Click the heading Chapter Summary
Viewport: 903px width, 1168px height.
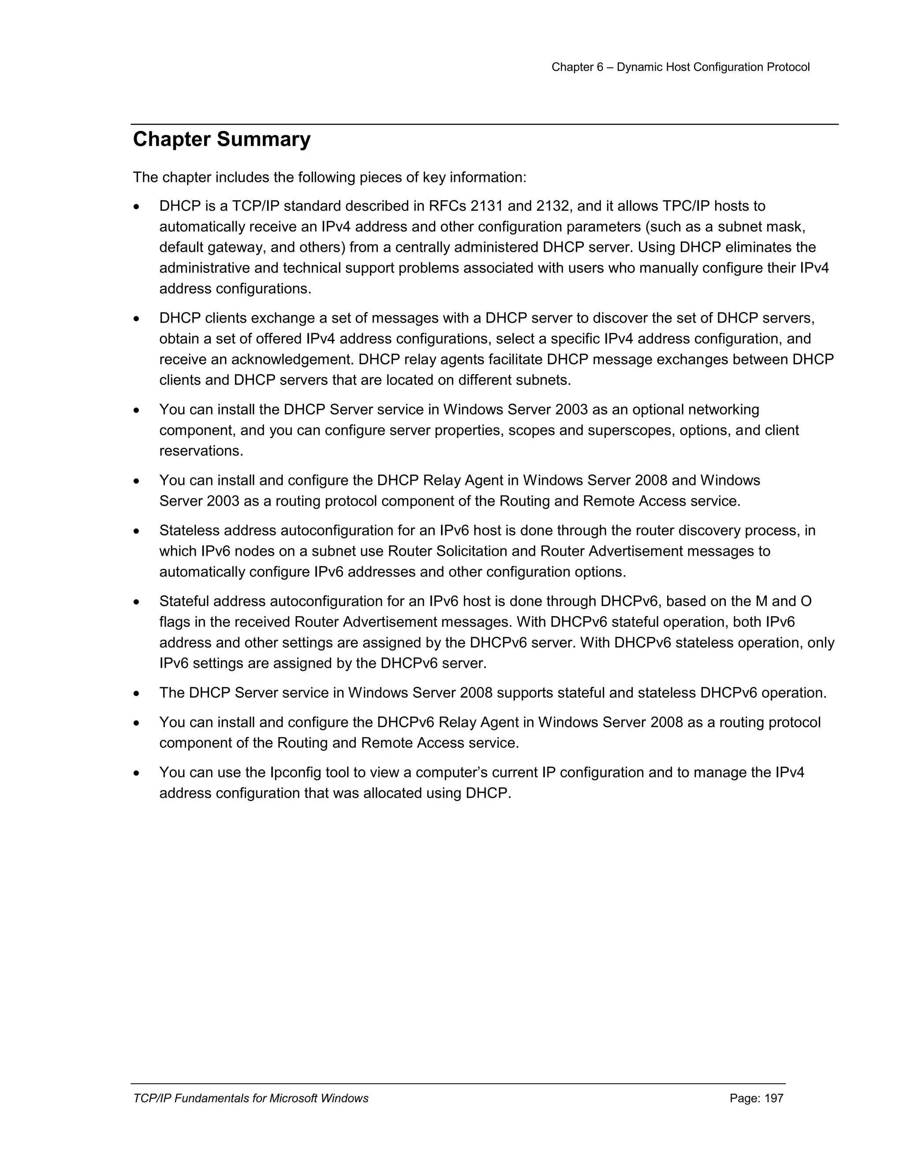coord(221,140)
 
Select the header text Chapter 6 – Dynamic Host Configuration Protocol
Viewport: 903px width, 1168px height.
coord(680,67)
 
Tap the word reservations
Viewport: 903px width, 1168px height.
coord(201,451)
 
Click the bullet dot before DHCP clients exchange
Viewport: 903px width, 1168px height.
coord(137,319)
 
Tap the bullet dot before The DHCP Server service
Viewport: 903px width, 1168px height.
coord(137,694)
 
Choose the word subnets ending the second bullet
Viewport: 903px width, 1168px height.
coord(544,380)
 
